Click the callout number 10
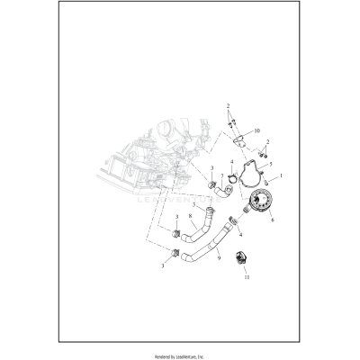(256, 130)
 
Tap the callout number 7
(222, 189)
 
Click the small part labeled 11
(240, 261)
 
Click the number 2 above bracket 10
(228, 106)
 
